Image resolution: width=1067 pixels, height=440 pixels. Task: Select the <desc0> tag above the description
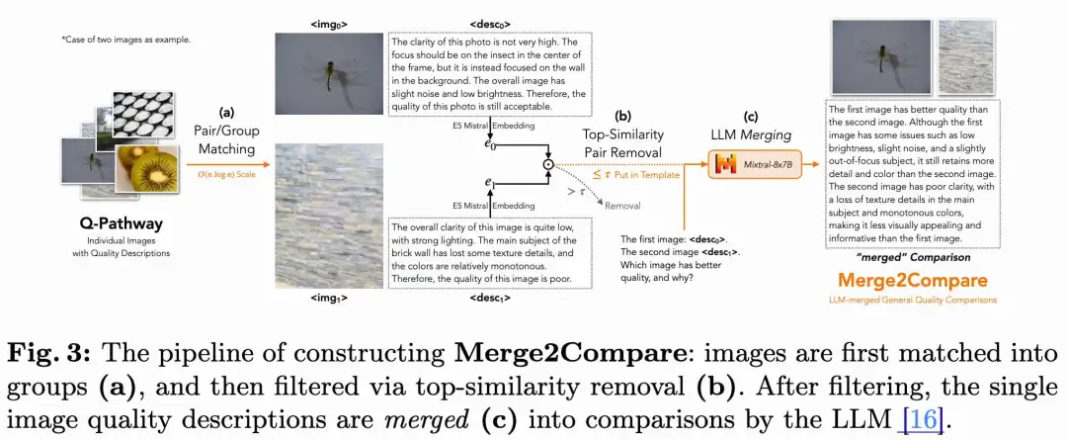(491, 22)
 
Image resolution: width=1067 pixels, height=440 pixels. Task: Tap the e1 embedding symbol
(489, 183)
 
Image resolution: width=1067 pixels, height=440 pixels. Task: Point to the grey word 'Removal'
(621, 206)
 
